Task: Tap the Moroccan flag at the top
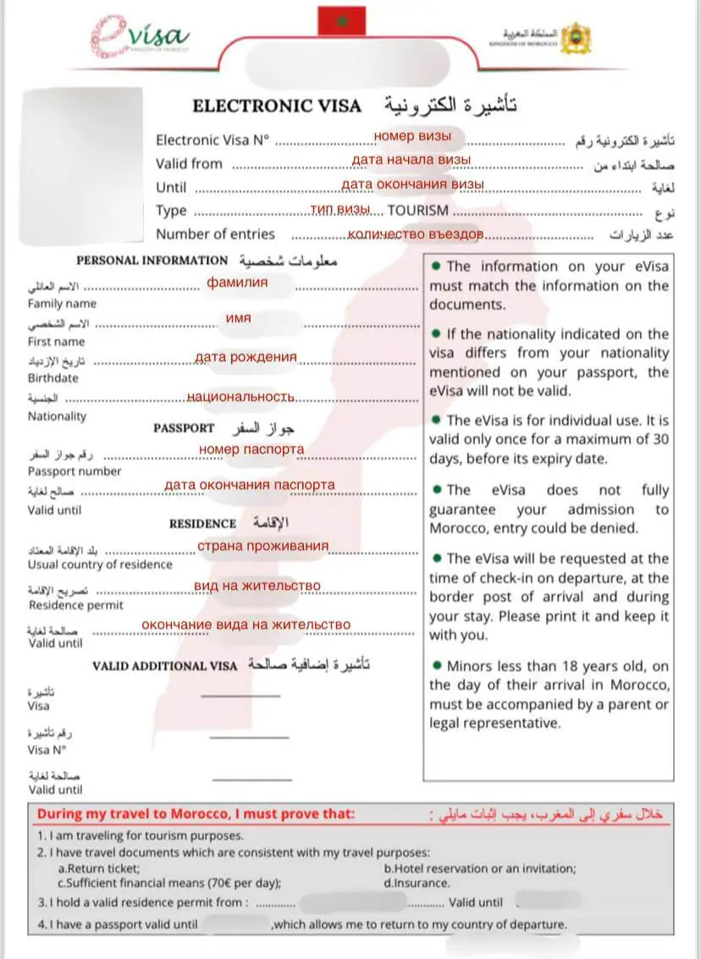[x=341, y=20]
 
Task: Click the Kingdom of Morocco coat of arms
[x=576, y=37]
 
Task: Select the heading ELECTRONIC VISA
[x=277, y=107]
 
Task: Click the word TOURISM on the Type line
[x=418, y=210]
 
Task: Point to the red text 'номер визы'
[x=412, y=135]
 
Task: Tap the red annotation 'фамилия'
[x=238, y=282]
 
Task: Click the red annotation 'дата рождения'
[x=246, y=357]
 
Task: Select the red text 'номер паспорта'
[x=251, y=449]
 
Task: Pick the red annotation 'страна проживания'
[x=262, y=546]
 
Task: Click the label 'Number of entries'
[x=215, y=234]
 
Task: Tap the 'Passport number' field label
[x=75, y=471]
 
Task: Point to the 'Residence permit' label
[x=75, y=605]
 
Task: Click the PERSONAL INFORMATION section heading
[x=152, y=261]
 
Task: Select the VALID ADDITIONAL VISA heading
[x=165, y=665]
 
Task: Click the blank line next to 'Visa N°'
[x=248, y=737]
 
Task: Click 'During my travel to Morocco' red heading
[x=195, y=815]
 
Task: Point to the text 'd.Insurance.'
[x=417, y=883]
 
